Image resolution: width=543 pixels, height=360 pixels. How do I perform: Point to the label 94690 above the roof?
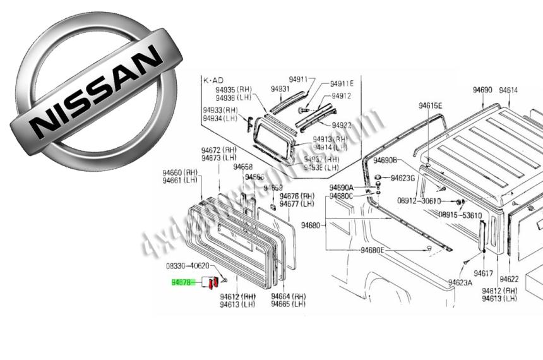pos(482,90)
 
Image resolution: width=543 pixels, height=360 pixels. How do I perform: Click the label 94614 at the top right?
pos(508,90)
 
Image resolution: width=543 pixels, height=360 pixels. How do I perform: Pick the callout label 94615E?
pos(431,105)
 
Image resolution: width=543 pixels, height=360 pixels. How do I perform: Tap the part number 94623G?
pos(403,178)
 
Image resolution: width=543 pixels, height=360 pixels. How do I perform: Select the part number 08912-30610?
pos(419,201)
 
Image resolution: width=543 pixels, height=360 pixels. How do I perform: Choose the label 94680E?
pos(372,250)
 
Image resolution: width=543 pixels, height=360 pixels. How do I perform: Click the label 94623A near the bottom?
pos(460,282)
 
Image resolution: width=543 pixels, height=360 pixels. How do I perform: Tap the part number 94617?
pos(483,273)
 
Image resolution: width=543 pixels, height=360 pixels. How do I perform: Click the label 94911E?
pos(342,83)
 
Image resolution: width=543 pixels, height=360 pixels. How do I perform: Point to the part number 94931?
pos(280,89)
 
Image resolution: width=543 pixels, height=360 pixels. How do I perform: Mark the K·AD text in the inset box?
pos(213,81)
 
